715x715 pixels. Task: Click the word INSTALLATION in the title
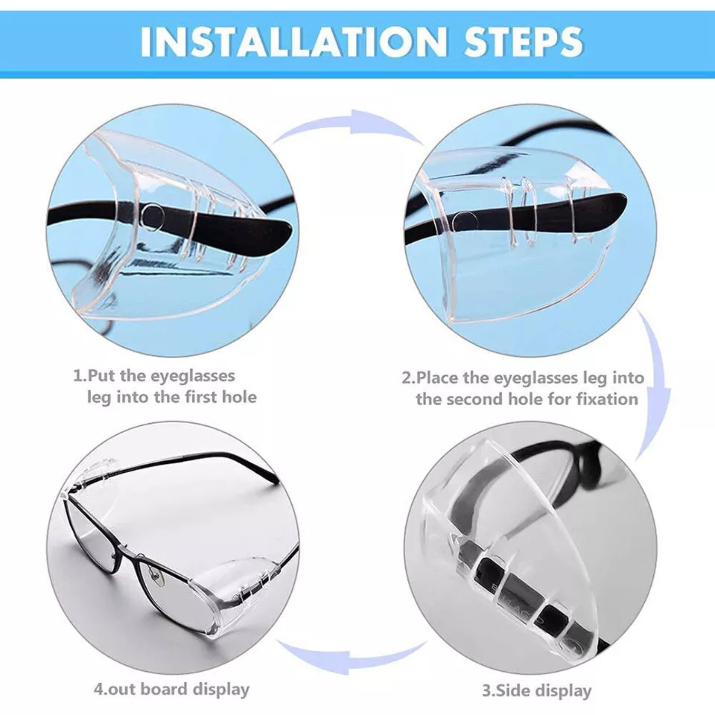[x=293, y=42]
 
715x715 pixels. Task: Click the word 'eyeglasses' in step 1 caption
[x=193, y=376]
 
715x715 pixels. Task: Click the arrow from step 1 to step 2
[x=349, y=126]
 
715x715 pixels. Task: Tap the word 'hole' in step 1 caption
[x=240, y=397]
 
